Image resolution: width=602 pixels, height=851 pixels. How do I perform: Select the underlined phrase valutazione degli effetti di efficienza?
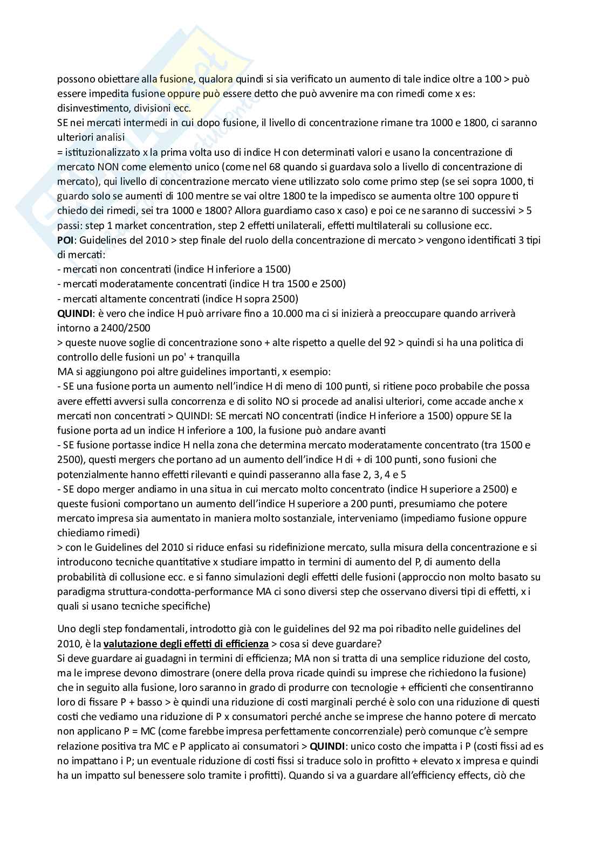tap(186, 644)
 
